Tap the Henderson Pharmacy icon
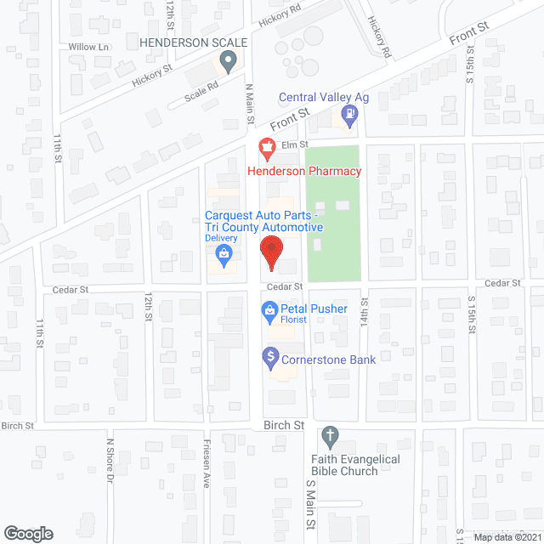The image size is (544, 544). pyautogui.click(x=267, y=147)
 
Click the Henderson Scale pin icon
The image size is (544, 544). pyautogui.click(x=227, y=60)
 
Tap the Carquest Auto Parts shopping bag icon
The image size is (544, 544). pyautogui.click(x=223, y=253)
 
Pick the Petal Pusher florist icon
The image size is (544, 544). pyautogui.click(x=269, y=309)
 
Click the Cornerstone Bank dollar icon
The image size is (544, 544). pyautogui.click(x=270, y=354)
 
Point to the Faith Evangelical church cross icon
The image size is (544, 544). pyautogui.click(x=330, y=438)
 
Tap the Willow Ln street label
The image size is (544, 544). pyautogui.click(x=93, y=48)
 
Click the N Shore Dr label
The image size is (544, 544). pyautogui.click(x=109, y=458)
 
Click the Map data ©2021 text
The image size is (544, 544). pyautogui.click(x=507, y=535)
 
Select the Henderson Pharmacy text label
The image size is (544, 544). pyautogui.click(x=304, y=171)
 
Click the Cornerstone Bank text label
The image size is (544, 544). pyautogui.click(x=328, y=360)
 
